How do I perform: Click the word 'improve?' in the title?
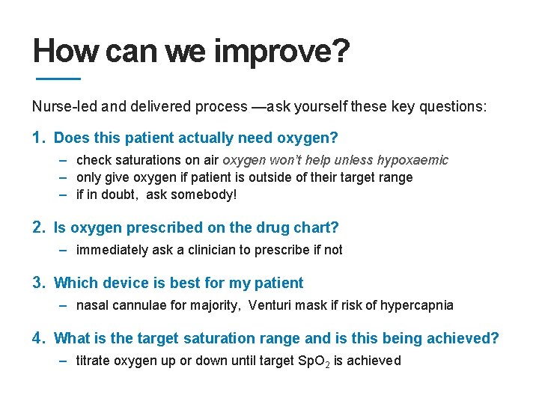[x=281, y=52]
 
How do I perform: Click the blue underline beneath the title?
[x=58, y=79]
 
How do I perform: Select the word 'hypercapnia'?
[x=417, y=305]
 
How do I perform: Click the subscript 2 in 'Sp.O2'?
[x=326, y=364]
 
